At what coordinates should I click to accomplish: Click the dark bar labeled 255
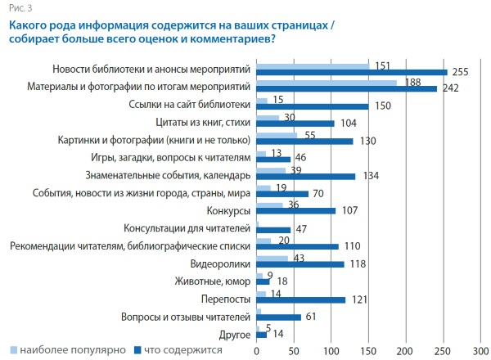[352, 72]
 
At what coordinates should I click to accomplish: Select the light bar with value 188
[327, 82]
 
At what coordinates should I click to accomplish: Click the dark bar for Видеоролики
[300, 263]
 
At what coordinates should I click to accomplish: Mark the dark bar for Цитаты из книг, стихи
[295, 123]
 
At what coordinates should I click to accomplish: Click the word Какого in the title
[30, 25]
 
